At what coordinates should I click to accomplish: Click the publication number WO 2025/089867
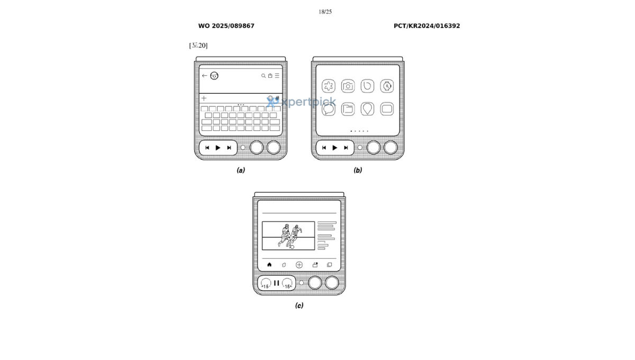coord(226,26)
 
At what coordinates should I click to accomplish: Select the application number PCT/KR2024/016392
coord(427,26)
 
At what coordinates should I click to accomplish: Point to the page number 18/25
coord(325,12)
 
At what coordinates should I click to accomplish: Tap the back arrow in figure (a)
coord(204,76)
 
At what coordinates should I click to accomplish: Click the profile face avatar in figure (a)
coord(214,76)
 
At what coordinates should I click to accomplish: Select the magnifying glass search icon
coord(264,76)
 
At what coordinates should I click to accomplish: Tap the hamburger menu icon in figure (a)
coord(277,76)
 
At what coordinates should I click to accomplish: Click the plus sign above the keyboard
coord(204,98)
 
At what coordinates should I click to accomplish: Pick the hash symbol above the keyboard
coord(277,98)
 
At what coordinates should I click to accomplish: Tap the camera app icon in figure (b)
coord(348,86)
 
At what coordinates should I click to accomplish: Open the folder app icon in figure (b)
coord(348,109)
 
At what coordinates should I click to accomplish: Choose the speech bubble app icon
coord(329,109)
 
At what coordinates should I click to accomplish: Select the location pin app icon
coord(367,109)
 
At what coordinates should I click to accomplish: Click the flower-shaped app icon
coord(329,86)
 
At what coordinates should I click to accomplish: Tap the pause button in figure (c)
coord(277,283)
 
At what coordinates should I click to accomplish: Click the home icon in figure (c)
coord(269,265)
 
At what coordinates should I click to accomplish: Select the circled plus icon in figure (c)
coord(299,265)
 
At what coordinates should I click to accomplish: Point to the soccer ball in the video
coord(292,247)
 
